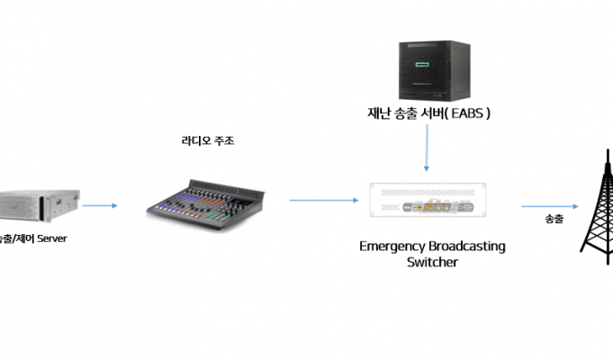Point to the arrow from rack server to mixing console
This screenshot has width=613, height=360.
point(101,206)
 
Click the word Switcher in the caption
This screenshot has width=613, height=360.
point(432,262)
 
